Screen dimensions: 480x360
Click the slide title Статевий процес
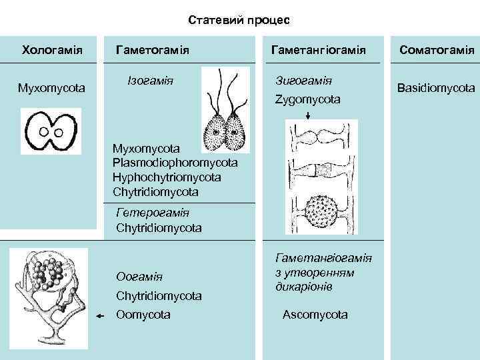(x=239, y=20)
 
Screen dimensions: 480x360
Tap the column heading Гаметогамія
(x=153, y=50)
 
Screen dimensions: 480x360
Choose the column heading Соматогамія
(x=436, y=50)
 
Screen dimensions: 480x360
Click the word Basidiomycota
(x=436, y=87)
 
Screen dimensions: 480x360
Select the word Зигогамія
(x=304, y=81)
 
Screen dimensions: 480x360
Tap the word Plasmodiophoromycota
(x=175, y=162)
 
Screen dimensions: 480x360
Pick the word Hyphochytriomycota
(x=167, y=177)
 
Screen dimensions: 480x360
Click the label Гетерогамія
(x=153, y=213)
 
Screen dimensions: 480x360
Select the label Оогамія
(x=139, y=276)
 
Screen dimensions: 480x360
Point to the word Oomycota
(x=143, y=314)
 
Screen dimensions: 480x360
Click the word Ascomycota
(x=315, y=314)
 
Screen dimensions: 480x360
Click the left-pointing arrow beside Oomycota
(x=101, y=317)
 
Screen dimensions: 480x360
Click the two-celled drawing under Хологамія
(x=50, y=131)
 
